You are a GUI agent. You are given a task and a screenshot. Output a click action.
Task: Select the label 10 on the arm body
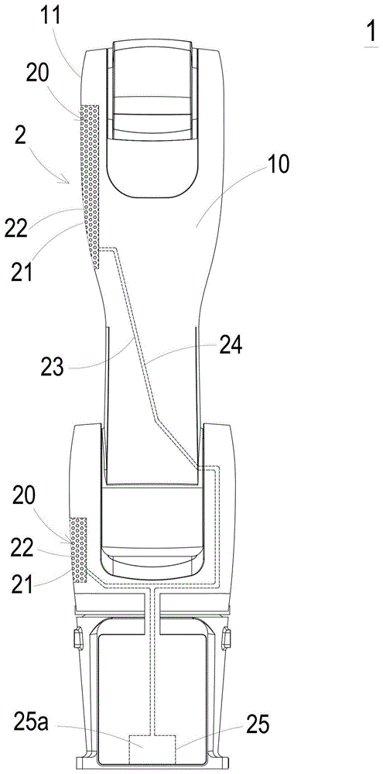pyautogui.click(x=279, y=166)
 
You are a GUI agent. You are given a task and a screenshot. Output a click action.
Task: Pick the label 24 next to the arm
pyautogui.click(x=229, y=348)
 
